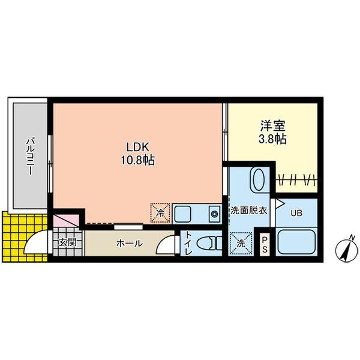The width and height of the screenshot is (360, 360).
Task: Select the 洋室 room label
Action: [x=272, y=127]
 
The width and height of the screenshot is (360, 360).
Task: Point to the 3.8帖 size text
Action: [x=272, y=139]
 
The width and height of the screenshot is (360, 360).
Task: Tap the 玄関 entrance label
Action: [x=67, y=243]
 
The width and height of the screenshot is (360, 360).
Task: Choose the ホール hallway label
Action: [x=129, y=243]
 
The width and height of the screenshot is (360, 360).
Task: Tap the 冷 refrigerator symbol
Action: [x=160, y=211]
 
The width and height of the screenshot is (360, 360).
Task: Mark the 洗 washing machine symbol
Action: [x=242, y=242]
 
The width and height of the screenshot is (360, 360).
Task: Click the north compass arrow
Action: [x=346, y=250]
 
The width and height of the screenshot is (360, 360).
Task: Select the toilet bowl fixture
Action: [x=209, y=244]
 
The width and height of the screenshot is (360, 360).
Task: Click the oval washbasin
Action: [x=259, y=180]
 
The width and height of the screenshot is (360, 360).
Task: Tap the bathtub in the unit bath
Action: [x=297, y=242]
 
